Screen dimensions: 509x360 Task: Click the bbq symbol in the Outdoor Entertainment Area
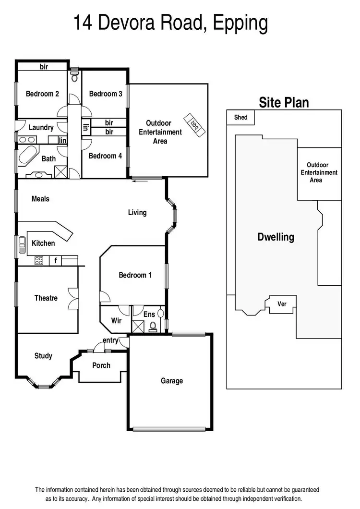pos(195,123)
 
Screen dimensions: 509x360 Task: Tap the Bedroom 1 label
pos(135,275)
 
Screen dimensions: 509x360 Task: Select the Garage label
pos(171,381)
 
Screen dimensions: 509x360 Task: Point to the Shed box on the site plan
pos(240,117)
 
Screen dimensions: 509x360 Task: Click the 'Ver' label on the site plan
pos(282,304)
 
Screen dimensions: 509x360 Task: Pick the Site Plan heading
pos(284,102)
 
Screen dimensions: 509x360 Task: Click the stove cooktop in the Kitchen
pos(39,261)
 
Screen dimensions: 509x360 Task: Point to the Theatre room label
pos(46,298)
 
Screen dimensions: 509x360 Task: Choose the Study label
pos(43,356)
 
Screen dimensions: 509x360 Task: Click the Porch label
pos(101,365)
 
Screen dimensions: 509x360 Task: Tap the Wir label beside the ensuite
pos(116,320)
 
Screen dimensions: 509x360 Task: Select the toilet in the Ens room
pos(153,327)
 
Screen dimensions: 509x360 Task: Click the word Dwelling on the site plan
pos(276,237)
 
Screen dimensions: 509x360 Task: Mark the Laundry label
pos(41,128)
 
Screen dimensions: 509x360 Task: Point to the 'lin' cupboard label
pos(62,140)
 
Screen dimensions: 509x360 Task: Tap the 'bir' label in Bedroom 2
pos(44,67)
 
